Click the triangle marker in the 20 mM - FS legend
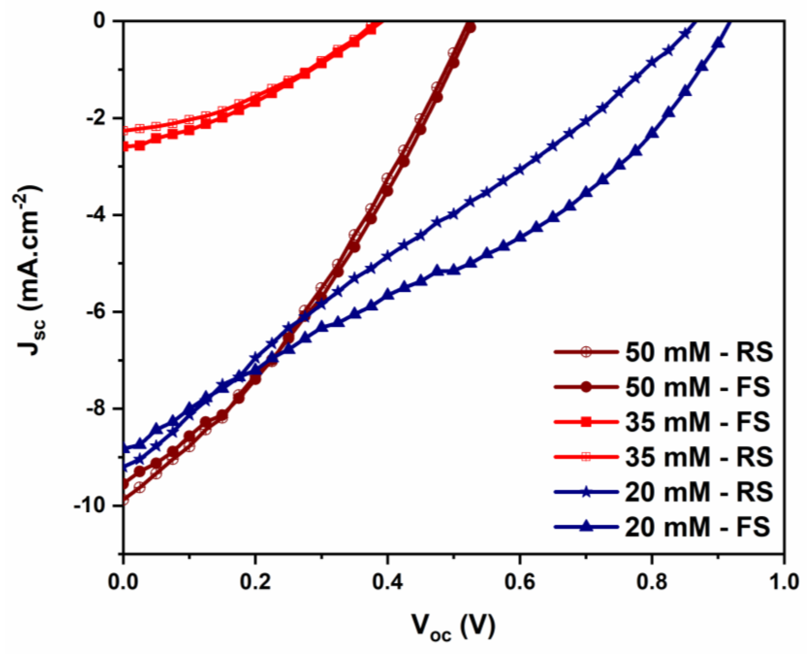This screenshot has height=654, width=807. point(586,526)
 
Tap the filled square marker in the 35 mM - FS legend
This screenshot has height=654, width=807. point(586,422)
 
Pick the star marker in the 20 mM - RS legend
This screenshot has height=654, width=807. point(586,492)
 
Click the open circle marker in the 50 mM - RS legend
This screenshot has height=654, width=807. point(586,353)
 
